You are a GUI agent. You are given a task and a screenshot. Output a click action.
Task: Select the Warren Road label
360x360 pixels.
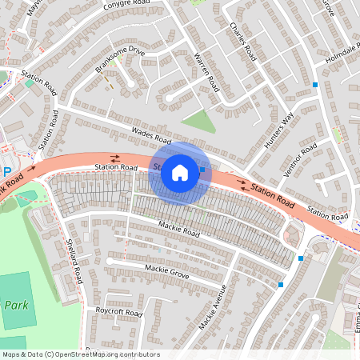coord(206,71)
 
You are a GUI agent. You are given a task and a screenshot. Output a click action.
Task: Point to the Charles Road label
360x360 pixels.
coord(242,42)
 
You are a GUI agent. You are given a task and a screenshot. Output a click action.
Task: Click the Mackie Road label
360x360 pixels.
coord(178,229)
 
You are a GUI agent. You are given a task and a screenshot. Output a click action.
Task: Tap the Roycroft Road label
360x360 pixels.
coord(118,311)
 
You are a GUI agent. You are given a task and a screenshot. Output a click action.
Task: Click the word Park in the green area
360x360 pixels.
coord(15,305)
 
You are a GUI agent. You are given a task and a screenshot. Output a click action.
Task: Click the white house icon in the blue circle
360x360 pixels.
coord(180,172)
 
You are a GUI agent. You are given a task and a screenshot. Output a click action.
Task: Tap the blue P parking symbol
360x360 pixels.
coord(6,172)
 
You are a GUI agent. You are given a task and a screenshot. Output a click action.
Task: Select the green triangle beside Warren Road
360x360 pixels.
coord(200,122)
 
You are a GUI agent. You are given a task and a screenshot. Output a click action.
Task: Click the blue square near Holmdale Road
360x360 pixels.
coord(315,84)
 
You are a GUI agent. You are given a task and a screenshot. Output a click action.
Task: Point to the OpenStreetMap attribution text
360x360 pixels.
coord(80,354)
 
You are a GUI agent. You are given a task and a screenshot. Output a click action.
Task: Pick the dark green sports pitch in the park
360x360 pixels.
coord(18,300)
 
